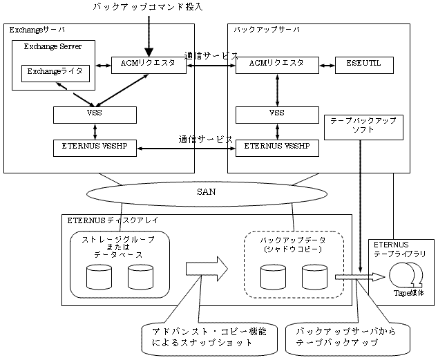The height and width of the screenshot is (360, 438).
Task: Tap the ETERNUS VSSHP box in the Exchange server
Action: (95, 147)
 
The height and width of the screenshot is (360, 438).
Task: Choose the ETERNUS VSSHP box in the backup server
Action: (277, 147)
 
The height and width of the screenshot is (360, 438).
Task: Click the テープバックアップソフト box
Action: (363, 125)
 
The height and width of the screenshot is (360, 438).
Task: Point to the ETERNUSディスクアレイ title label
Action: (112, 221)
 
